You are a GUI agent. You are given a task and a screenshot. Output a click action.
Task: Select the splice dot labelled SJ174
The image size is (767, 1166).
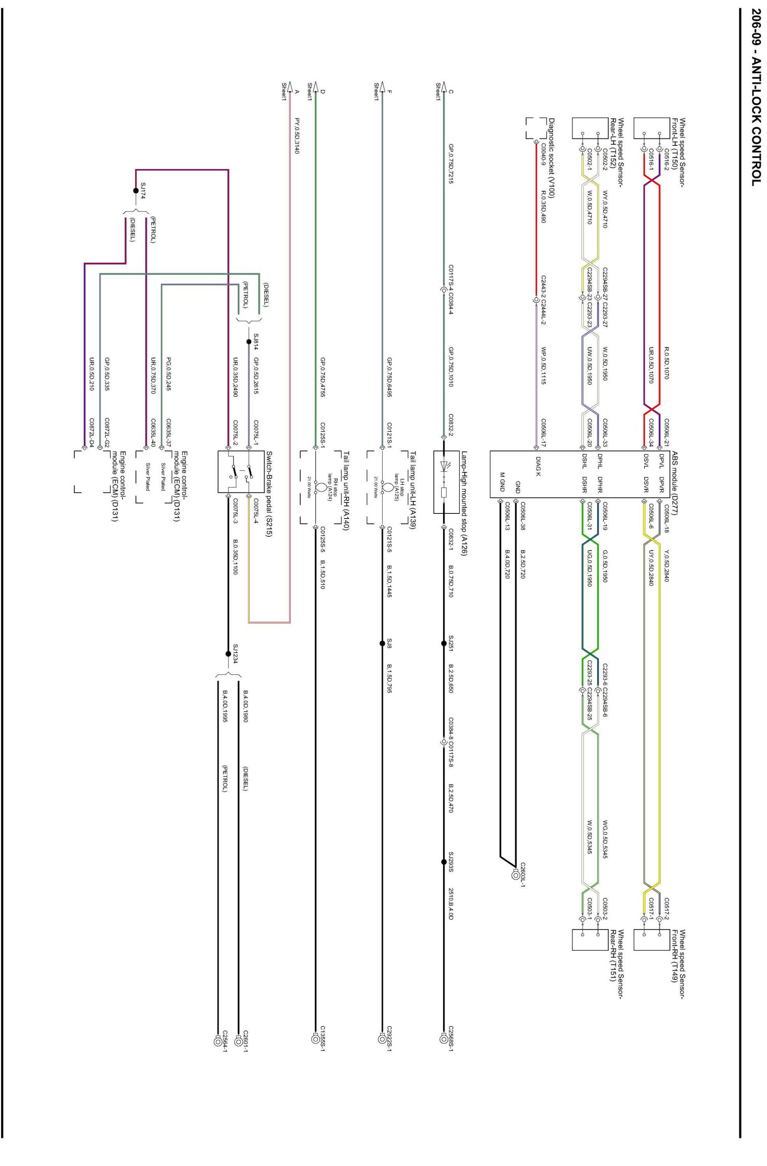coord(136,190)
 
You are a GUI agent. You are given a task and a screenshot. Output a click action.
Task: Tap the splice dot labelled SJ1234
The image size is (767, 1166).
coord(228,653)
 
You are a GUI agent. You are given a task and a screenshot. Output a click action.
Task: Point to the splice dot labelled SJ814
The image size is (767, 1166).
coord(248,342)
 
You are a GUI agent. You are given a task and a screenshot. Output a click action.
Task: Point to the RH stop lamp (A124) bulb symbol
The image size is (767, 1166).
coord(317,487)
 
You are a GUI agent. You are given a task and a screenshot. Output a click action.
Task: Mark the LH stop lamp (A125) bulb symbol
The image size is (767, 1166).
coord(384,487)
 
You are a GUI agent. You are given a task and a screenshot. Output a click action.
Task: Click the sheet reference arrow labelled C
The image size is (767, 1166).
coord(444,89)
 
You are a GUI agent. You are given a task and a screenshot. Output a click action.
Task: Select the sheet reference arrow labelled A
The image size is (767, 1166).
coord(290,89)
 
